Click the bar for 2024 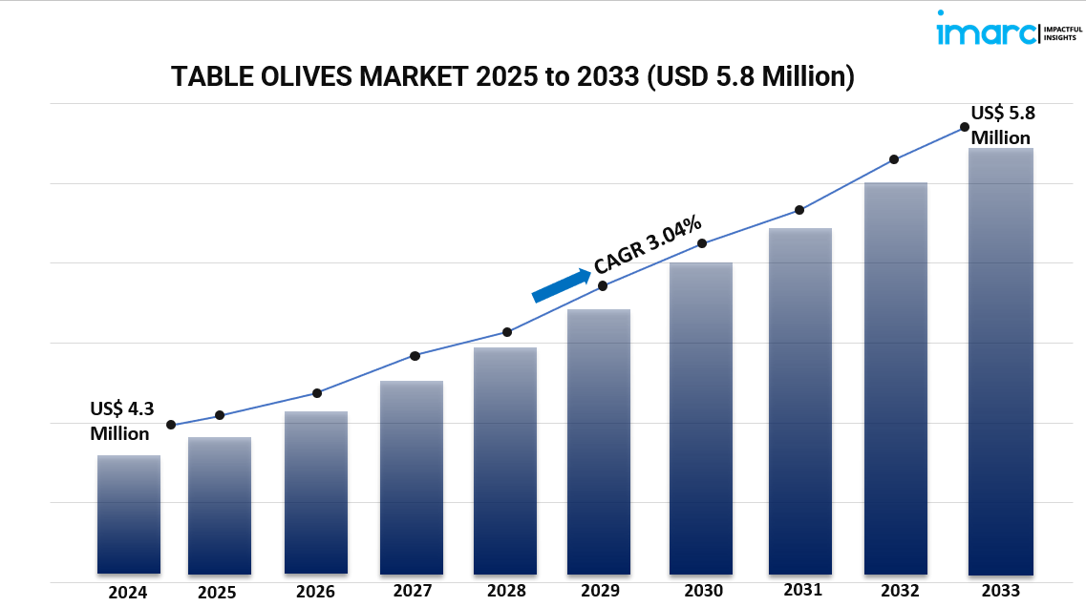tap(129, 514)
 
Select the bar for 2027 tap(412, 477)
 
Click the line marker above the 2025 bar tap(220, 415)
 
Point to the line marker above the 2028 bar tap(507, 332)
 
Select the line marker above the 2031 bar tap(799, 210)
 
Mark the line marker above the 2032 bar tap(894, 159)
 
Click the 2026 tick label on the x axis tap(315, 592)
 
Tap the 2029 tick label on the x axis tap(599, 592)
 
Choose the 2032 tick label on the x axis tap(901, 591)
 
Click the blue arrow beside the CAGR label tap(561, 285)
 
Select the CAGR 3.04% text tap(648, 247)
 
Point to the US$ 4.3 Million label tap(120, 421)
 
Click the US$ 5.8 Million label tap(1002, 125)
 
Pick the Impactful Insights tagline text tap(1062, 33)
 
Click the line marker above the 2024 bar tap(171, 425)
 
